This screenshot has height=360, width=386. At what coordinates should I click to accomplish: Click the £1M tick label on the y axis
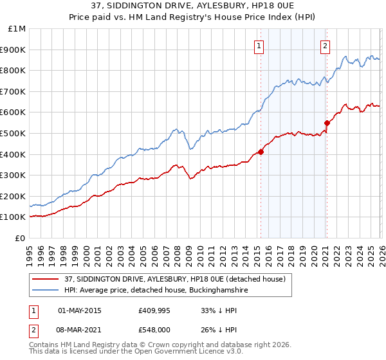click(x=17, y=28)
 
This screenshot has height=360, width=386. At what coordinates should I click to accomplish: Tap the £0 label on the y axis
click(x=21, y=238)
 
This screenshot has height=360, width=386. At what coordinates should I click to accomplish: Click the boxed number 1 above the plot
click(x=259, y=45)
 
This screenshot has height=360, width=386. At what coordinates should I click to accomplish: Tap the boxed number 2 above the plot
click(x=326, y=45)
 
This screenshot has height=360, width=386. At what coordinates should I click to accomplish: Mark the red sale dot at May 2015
click(x=261, y=152)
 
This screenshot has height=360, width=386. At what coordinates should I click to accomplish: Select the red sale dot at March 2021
click(x=327, y=123)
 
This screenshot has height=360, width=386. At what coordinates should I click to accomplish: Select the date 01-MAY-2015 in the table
click(x=80, y=310)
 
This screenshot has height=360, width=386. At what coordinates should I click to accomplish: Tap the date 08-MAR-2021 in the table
click(x=80, y=329)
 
